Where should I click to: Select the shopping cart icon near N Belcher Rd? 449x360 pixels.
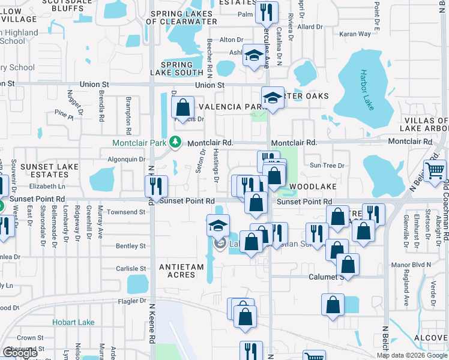pos(435,170)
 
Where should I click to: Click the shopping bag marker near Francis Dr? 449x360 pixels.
pos(183,108)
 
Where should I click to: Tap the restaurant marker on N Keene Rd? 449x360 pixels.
pos(156,187)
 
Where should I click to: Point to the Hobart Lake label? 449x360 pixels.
pos(73,322)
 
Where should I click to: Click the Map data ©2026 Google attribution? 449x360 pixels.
pos(412,355)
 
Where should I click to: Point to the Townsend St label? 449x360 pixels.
pos(126,212)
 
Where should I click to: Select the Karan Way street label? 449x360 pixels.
pos(355,35)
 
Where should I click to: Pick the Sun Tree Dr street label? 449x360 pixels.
pos(327,166)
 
